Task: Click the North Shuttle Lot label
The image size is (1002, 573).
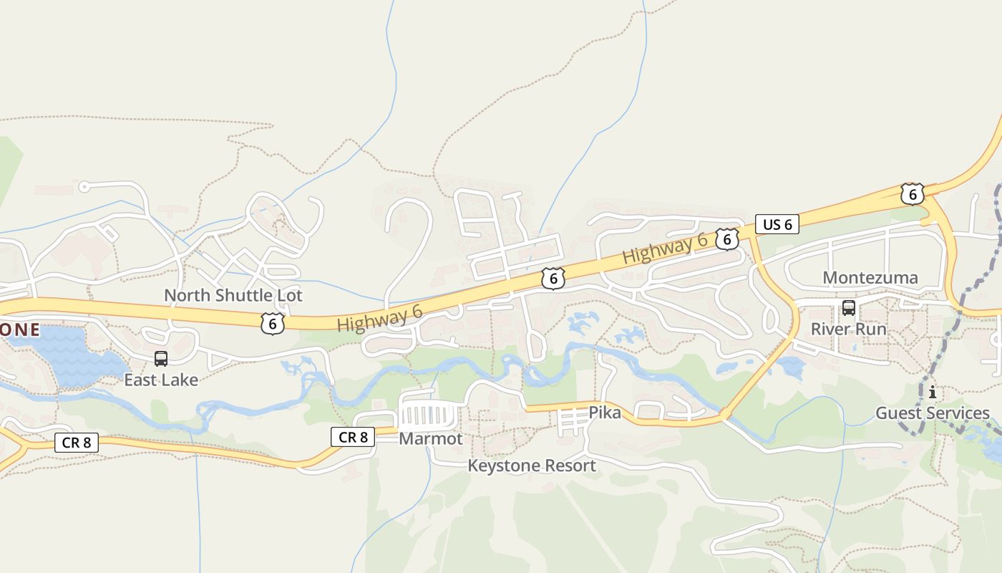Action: [x=233, y=295]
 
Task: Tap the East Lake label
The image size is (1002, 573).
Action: [x=161, y=380]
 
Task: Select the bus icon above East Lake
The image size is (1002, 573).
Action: [x=161, y=358]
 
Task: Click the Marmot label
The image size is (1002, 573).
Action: [x=431, y=438]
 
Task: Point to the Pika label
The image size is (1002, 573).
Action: [x=605, y=413]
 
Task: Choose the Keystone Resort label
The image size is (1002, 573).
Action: [x=532, y=466]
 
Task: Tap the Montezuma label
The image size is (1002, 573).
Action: [x=870, y=278]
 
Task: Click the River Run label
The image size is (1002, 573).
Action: [x=849, y=329]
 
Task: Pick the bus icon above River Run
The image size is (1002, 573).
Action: [x=849, y=308]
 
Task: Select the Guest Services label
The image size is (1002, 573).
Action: [x=933, y=413]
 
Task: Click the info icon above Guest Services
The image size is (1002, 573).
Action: [x=932, y=392]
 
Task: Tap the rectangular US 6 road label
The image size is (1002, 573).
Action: [x=777, y=224]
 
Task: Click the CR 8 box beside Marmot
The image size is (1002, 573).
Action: [x=353, y=436]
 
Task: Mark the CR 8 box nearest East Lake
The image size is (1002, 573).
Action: [x=77, y=443]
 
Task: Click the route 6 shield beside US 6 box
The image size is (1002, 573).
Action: [x=727, y=239]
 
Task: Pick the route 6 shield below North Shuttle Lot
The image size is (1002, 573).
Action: [x=273, y=324]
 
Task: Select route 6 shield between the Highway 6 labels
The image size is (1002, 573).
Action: [x=553, y=279]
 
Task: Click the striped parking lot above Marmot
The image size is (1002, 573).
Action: [x=428, y=414]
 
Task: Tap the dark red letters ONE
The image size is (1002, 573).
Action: [x=20, y=330]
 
